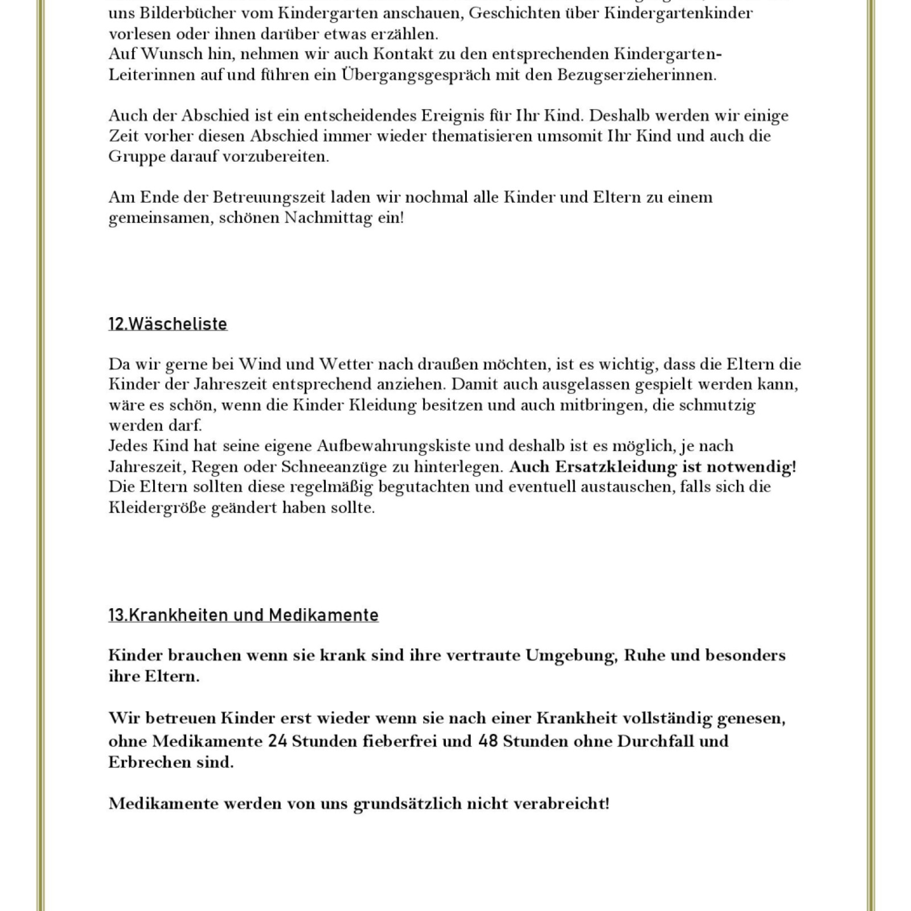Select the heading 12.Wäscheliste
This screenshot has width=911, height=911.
click(168, 324)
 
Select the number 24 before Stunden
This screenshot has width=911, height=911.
click(275, 741)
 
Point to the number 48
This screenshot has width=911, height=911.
click(488, 741)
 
